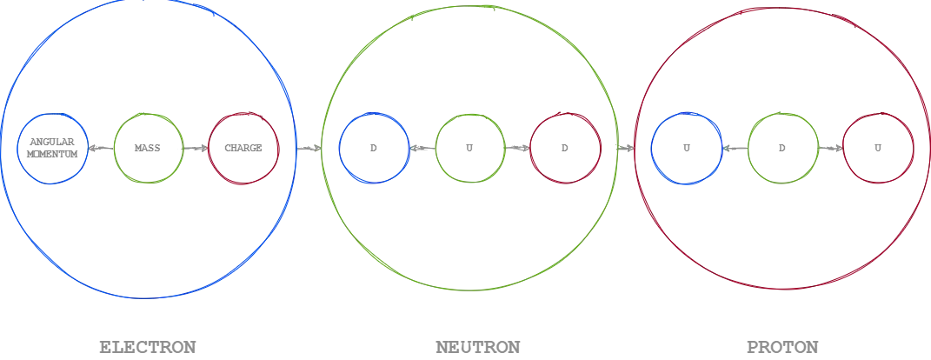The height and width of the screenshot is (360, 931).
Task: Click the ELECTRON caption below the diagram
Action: coord(147,347)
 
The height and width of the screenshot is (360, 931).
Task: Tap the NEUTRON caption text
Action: coord(478,347)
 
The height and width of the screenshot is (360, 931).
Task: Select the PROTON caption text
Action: coord(782,347)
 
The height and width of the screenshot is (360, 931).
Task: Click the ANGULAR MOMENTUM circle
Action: coord(17,149)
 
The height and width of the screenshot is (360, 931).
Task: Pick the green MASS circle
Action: coord(114,149)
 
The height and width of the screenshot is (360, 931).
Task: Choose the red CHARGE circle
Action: coord(209,149)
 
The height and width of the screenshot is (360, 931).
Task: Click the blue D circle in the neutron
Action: coord(340,149)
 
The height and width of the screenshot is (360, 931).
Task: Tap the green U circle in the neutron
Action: coord(436,149)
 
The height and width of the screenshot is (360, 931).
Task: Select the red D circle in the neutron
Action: coord(530,149)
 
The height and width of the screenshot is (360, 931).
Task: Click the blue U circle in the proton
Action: coord(652,149)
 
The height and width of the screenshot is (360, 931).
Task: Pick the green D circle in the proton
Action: coord(748,149)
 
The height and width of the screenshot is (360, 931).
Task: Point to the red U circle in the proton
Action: coord(844,149)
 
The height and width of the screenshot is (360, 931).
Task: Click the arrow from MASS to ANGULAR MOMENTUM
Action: coord(101,148)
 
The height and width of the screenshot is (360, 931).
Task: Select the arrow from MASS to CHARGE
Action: coord(196,148)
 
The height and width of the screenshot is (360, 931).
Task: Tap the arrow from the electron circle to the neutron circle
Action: coord(309,149)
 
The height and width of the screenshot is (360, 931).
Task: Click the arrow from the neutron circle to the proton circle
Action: coord(626,148)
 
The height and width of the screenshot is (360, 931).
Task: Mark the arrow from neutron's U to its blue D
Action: coord(422,148)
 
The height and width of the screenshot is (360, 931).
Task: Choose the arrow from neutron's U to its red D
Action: coord(517,148)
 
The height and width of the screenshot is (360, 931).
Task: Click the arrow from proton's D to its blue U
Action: coord(735,148)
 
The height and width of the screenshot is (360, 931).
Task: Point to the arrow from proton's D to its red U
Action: coord(831,148)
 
